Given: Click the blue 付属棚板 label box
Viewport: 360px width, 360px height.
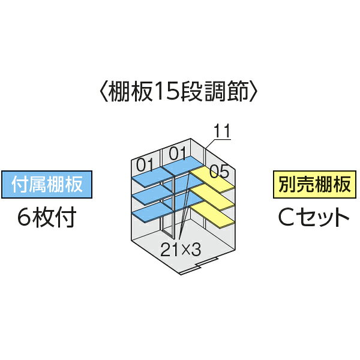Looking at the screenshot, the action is tap(47, 184).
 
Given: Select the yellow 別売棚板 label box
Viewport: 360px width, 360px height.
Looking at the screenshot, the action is tap(314, 184).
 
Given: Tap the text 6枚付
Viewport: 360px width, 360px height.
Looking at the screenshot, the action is tap(47, 217).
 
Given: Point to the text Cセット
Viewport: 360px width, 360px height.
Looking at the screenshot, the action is tap(314, 217).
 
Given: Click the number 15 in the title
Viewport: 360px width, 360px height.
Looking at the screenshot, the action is tap(165, 91).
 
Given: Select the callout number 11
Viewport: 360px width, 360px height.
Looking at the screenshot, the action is tap(222, 131).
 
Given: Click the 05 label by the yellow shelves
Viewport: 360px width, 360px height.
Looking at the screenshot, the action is tap(219, 171).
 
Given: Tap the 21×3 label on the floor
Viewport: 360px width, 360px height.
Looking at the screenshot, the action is tap(181, 250).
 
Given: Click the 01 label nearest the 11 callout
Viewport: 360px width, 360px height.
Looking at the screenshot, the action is tap(178, 153).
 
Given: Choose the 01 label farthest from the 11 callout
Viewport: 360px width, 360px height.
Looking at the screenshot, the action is tap(145, 164).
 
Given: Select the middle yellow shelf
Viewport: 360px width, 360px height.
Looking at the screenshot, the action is tap(212, 199).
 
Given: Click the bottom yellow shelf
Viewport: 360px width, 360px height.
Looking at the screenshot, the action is tap(212, 217).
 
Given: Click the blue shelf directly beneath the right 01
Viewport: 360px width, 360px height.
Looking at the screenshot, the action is tap(182, 166).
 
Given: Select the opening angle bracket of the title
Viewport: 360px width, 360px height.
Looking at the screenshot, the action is tap(104, 91).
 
